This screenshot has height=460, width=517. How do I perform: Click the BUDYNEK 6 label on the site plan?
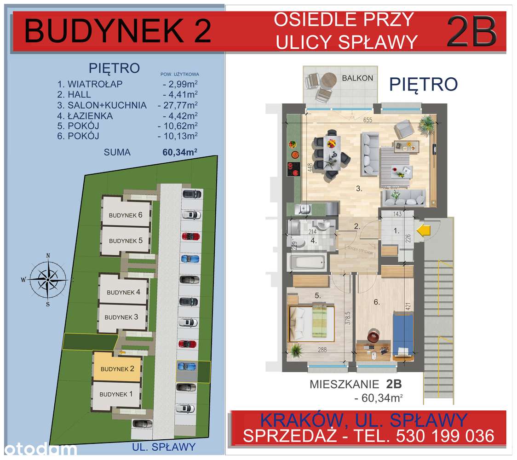(126, 215)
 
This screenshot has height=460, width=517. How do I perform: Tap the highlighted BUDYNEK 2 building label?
(117, 369)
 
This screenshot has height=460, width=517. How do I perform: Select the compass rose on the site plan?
(48, 278)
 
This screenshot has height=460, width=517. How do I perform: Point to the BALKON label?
(357, 78)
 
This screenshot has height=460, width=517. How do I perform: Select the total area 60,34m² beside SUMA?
(180, 153)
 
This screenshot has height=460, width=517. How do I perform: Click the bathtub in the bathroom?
(308, 264)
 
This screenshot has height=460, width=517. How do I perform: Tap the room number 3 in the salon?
(360, 189)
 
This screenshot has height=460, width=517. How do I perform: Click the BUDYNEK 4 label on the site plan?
(123, 292)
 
